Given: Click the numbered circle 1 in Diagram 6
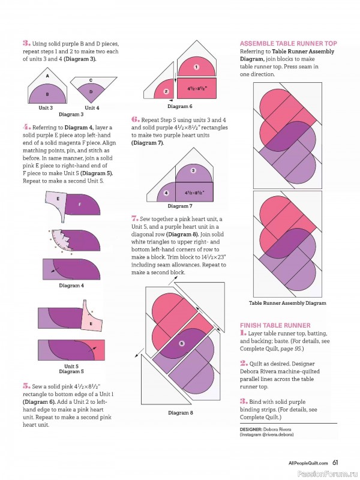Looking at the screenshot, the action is point(197,67).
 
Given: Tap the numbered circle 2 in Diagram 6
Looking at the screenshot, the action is point(166,91).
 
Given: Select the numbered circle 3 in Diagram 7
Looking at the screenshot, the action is point(193,170).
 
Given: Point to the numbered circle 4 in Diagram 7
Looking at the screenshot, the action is point(166,193).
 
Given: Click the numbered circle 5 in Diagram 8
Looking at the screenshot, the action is point(182,343).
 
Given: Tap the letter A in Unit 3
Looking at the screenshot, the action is point(47,76).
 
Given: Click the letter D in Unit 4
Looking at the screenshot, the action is point(91,92).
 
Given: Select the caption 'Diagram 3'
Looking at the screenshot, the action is point(71,115).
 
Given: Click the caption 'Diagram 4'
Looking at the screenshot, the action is point(71,286).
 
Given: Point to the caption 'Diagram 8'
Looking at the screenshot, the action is point(181,413).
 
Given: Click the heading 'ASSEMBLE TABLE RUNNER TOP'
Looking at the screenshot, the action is point(289,43).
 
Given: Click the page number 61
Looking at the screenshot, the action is point(335,463).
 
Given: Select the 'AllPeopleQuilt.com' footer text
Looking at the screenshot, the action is point(308,463).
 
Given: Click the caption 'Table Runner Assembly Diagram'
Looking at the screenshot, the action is point(287,303).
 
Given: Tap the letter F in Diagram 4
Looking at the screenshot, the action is point(80,205).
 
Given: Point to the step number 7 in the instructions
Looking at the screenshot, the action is point(134,218).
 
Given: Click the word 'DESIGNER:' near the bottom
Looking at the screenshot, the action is point(251,429).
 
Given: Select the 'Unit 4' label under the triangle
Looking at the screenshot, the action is point(92,108).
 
